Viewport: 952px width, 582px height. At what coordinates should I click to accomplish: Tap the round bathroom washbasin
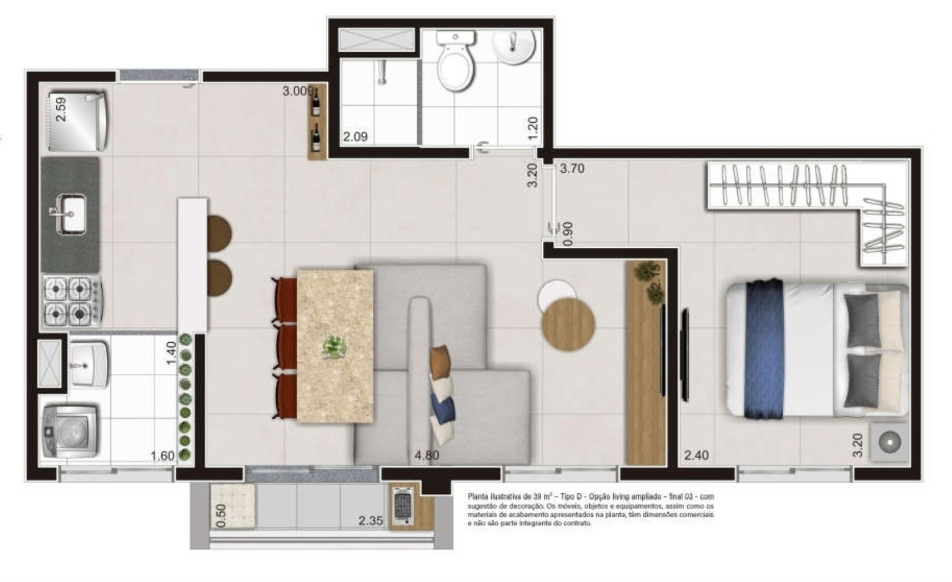[514, 45]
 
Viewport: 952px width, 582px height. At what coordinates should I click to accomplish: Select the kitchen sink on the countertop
[70, 213]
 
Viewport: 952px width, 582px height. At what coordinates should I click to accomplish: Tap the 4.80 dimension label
[426, 455]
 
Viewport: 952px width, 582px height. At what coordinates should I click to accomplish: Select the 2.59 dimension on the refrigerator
[61, 109]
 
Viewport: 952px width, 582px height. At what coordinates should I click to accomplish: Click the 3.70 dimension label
[572, 169]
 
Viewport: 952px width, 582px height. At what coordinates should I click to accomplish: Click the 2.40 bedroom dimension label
[696, 455]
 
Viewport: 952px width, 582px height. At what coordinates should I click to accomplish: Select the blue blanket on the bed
[764, 350]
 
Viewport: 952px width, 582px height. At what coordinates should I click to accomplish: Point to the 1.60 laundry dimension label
[162, 456]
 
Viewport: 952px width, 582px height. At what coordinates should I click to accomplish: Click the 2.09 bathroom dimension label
[355, 136]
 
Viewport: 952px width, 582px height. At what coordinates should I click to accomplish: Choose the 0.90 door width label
[567, 234]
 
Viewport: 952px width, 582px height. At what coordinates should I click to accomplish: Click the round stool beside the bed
[887, 441]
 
